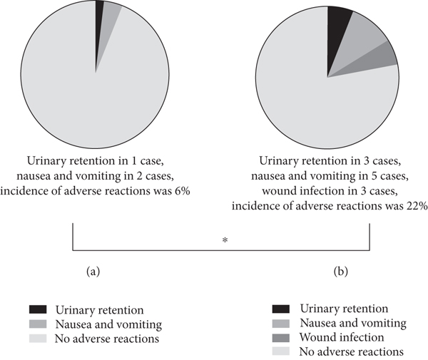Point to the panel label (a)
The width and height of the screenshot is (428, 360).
[93, 272]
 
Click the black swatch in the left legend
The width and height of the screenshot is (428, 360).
[37, 310]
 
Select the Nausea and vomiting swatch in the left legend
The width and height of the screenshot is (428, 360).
[37, 324]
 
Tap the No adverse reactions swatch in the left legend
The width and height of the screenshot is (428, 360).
[37, 338]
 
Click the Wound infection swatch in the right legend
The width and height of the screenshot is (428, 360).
[282, 337]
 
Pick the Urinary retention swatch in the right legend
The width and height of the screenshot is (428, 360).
[282, 309]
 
